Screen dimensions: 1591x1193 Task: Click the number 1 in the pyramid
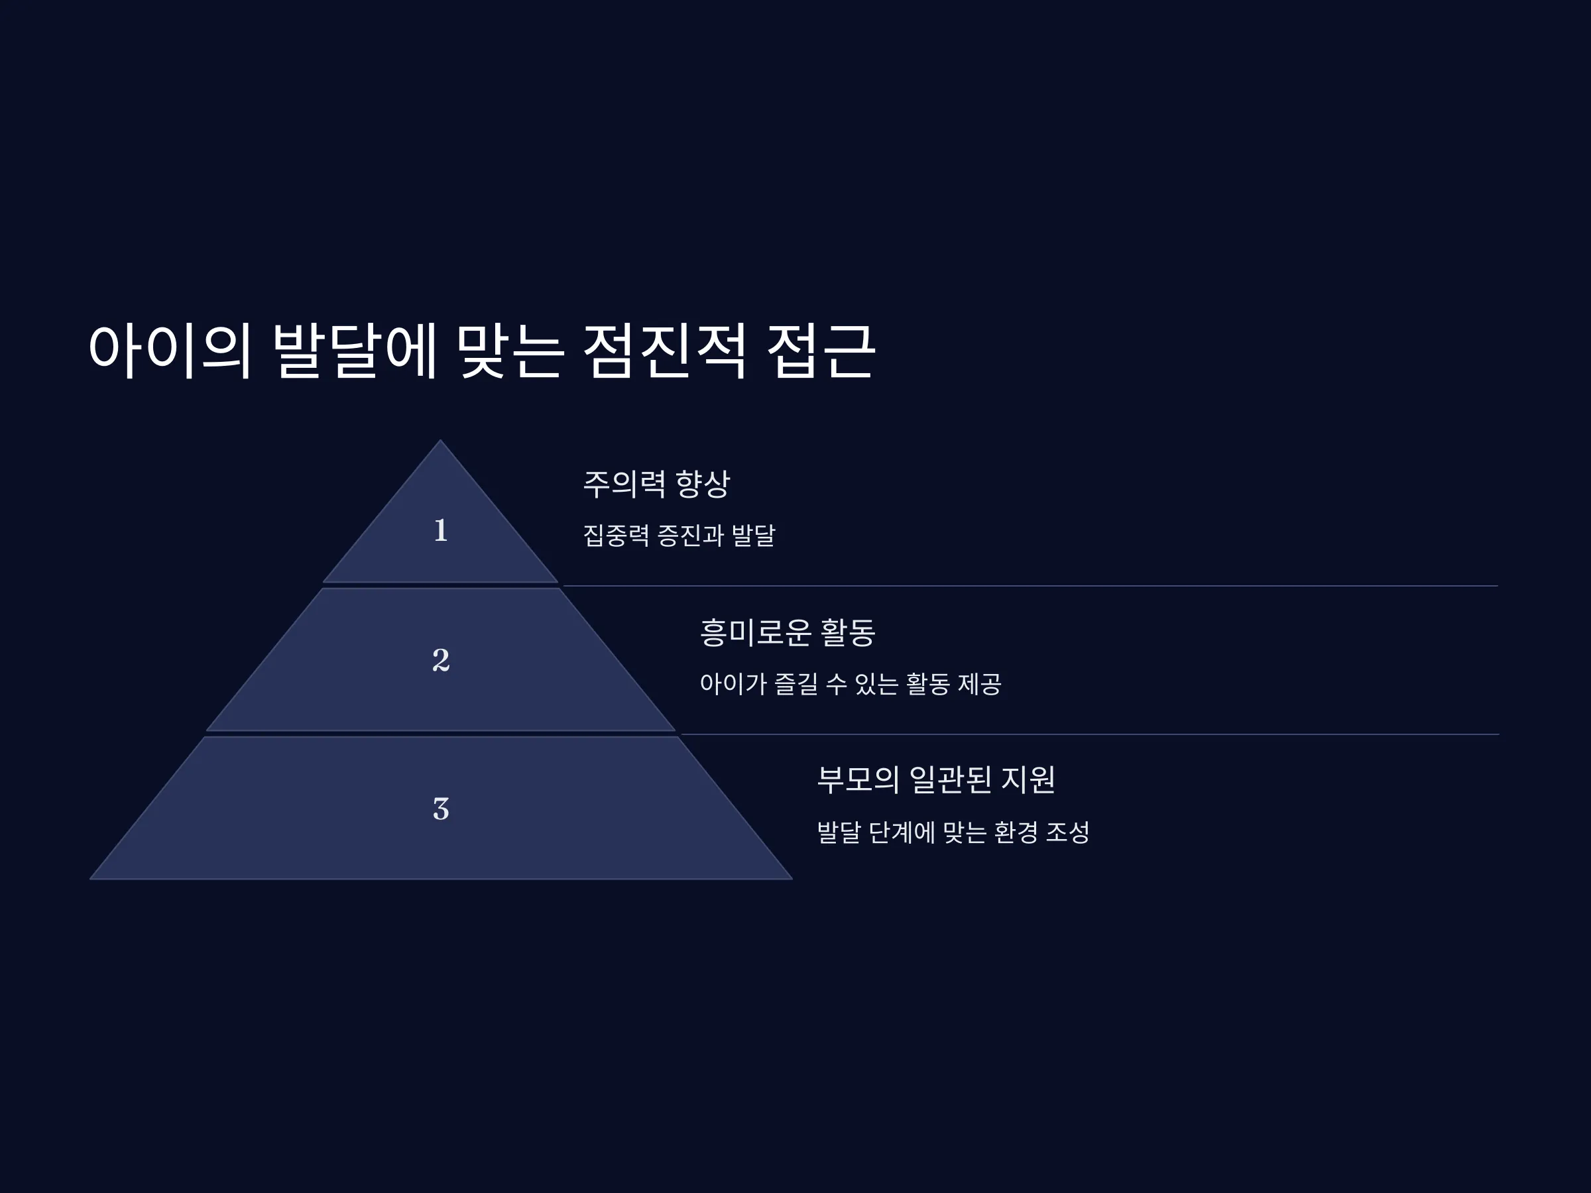coord(441,531)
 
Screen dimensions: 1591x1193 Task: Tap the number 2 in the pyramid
coord(441,660)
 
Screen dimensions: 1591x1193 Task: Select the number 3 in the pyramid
coord(441,809)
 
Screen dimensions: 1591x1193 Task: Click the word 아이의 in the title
coord(170,350)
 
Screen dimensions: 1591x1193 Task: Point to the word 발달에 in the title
coord(355,350)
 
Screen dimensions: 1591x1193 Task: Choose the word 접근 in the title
coord(821,350)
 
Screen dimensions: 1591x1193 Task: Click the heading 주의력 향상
coord(656,484)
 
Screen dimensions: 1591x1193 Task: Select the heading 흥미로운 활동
coord(787,633)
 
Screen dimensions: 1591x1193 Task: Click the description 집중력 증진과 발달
coord(679,536)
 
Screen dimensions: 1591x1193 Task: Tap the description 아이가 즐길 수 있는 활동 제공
coord(850,684)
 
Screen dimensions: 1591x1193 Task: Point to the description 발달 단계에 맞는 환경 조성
coord(953,832)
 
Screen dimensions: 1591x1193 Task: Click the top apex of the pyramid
coord(441,440)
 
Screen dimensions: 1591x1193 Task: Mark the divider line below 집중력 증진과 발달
coord(1030,586)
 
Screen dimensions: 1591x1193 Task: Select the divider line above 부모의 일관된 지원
coord(1090,734)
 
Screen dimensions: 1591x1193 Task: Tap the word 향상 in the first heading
coord(703,484)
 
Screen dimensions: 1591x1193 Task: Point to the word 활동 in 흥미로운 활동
coord(848,633)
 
